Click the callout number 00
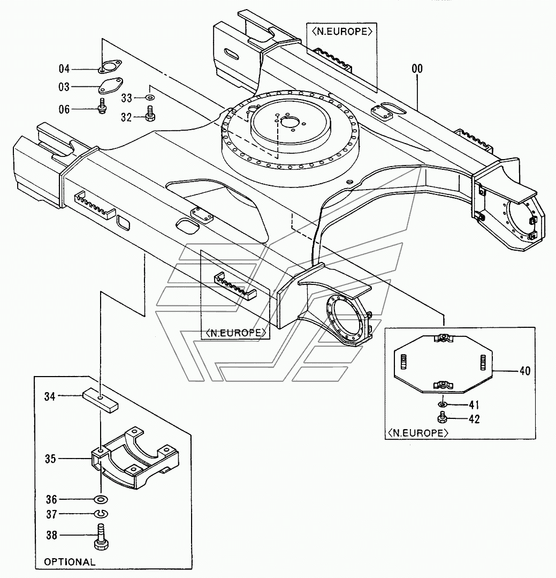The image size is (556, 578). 417,69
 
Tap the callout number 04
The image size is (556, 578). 64,69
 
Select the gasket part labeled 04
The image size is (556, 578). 110,65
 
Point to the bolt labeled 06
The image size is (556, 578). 102,106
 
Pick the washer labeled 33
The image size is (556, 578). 150,97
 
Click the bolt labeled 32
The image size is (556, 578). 150,114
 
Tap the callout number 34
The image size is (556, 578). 50,396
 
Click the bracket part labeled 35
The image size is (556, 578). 135,457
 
